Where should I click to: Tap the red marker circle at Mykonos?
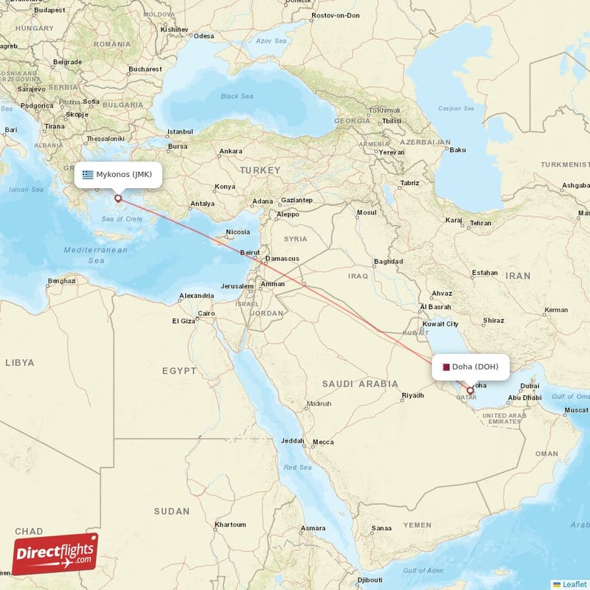(117, 198)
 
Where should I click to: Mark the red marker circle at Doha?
(471, 391)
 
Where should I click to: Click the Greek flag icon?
(88, 175)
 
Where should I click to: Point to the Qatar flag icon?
(445, 367)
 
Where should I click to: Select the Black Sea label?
(237, 97)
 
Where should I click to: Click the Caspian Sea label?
(457, 109)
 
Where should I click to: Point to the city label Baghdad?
(388, 261)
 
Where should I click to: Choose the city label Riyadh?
(412, 396)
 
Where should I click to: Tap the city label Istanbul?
(179, 132)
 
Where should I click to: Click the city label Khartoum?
(229, 524)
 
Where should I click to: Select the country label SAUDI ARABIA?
(360, 383)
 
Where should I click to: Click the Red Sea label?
(298, 468)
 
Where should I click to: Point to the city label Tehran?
(480, 223)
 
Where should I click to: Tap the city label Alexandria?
(196, 296)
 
